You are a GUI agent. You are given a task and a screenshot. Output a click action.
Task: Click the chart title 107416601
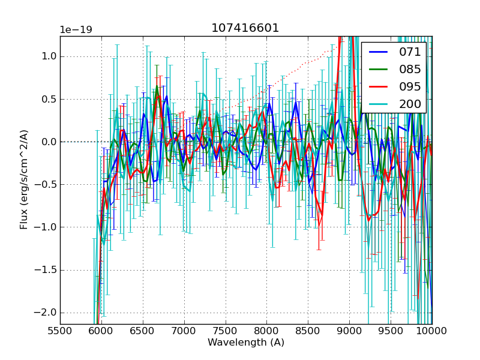pyautogui.click(x=245, y=28)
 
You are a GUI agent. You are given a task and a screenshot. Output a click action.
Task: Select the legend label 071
pyautogui.click(x=410, y=52)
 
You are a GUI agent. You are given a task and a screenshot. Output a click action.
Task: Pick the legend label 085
pyautogui.click(x=410, y=69)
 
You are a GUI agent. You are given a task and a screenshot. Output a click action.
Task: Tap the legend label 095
pyautogui.click(x=410, y=86)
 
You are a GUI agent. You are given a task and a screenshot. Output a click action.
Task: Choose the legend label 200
pyautogui.click(x=410, y=104)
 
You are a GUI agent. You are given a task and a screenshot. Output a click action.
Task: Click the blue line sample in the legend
pyautogui.click(x=378, y=52)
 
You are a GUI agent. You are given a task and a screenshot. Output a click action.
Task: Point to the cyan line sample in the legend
pyautogui.click(x=378, y=104)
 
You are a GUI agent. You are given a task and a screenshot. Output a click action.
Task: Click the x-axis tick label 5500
pyautogui.click(x=60, y=331)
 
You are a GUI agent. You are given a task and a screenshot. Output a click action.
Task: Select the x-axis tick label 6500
pyautogui.click(x=143, y=331)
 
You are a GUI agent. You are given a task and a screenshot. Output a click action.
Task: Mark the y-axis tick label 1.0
pyautogui.click(x=49, y=56)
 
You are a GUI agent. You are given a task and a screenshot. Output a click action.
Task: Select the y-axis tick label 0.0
pyautogui.click(x=49, y=142)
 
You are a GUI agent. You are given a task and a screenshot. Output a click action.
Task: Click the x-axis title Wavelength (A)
pyautogui.click(x=246, y=343)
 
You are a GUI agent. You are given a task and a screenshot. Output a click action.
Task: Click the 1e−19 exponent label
pyautogui.click(x=75, y=30)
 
